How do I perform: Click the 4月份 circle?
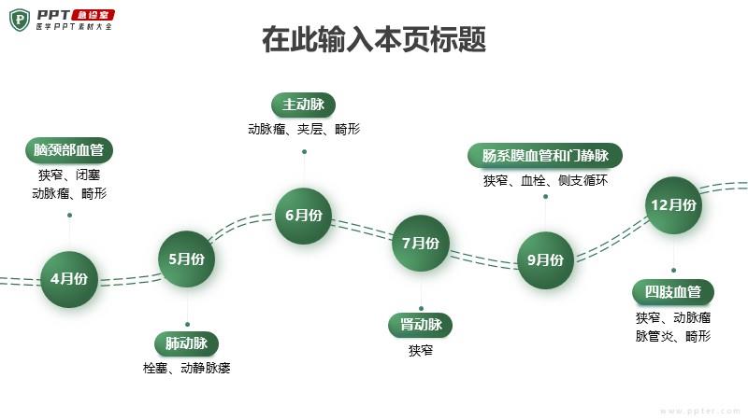tap(69, 279)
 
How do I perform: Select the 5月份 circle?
tap(186, 259)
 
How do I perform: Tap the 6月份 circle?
tap(303, 216)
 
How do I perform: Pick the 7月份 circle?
tap(421, 244)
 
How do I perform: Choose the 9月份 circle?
tap(546, 260)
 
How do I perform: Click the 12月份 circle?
tap(673, 205)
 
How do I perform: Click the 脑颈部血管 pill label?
tap(69, 150)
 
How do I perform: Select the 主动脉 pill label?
tap(303, 105)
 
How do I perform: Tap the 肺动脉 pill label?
tap(186, 343)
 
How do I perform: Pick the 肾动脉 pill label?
tap(420, 325)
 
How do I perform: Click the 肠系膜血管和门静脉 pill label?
tap(545, 155)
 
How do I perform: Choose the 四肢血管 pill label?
tap(673, 291)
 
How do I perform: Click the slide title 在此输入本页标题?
tap(374, 39)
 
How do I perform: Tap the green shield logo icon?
tap(20, 20)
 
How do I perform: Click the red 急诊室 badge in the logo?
tap(93, 15)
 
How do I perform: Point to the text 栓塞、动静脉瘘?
tap(186, 368)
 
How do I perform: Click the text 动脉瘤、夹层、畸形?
tap(304, 129)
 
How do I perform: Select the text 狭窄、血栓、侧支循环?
tap(545, 180)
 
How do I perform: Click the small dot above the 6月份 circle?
tap(305, 152)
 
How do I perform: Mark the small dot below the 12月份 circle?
tap(673, 270)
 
